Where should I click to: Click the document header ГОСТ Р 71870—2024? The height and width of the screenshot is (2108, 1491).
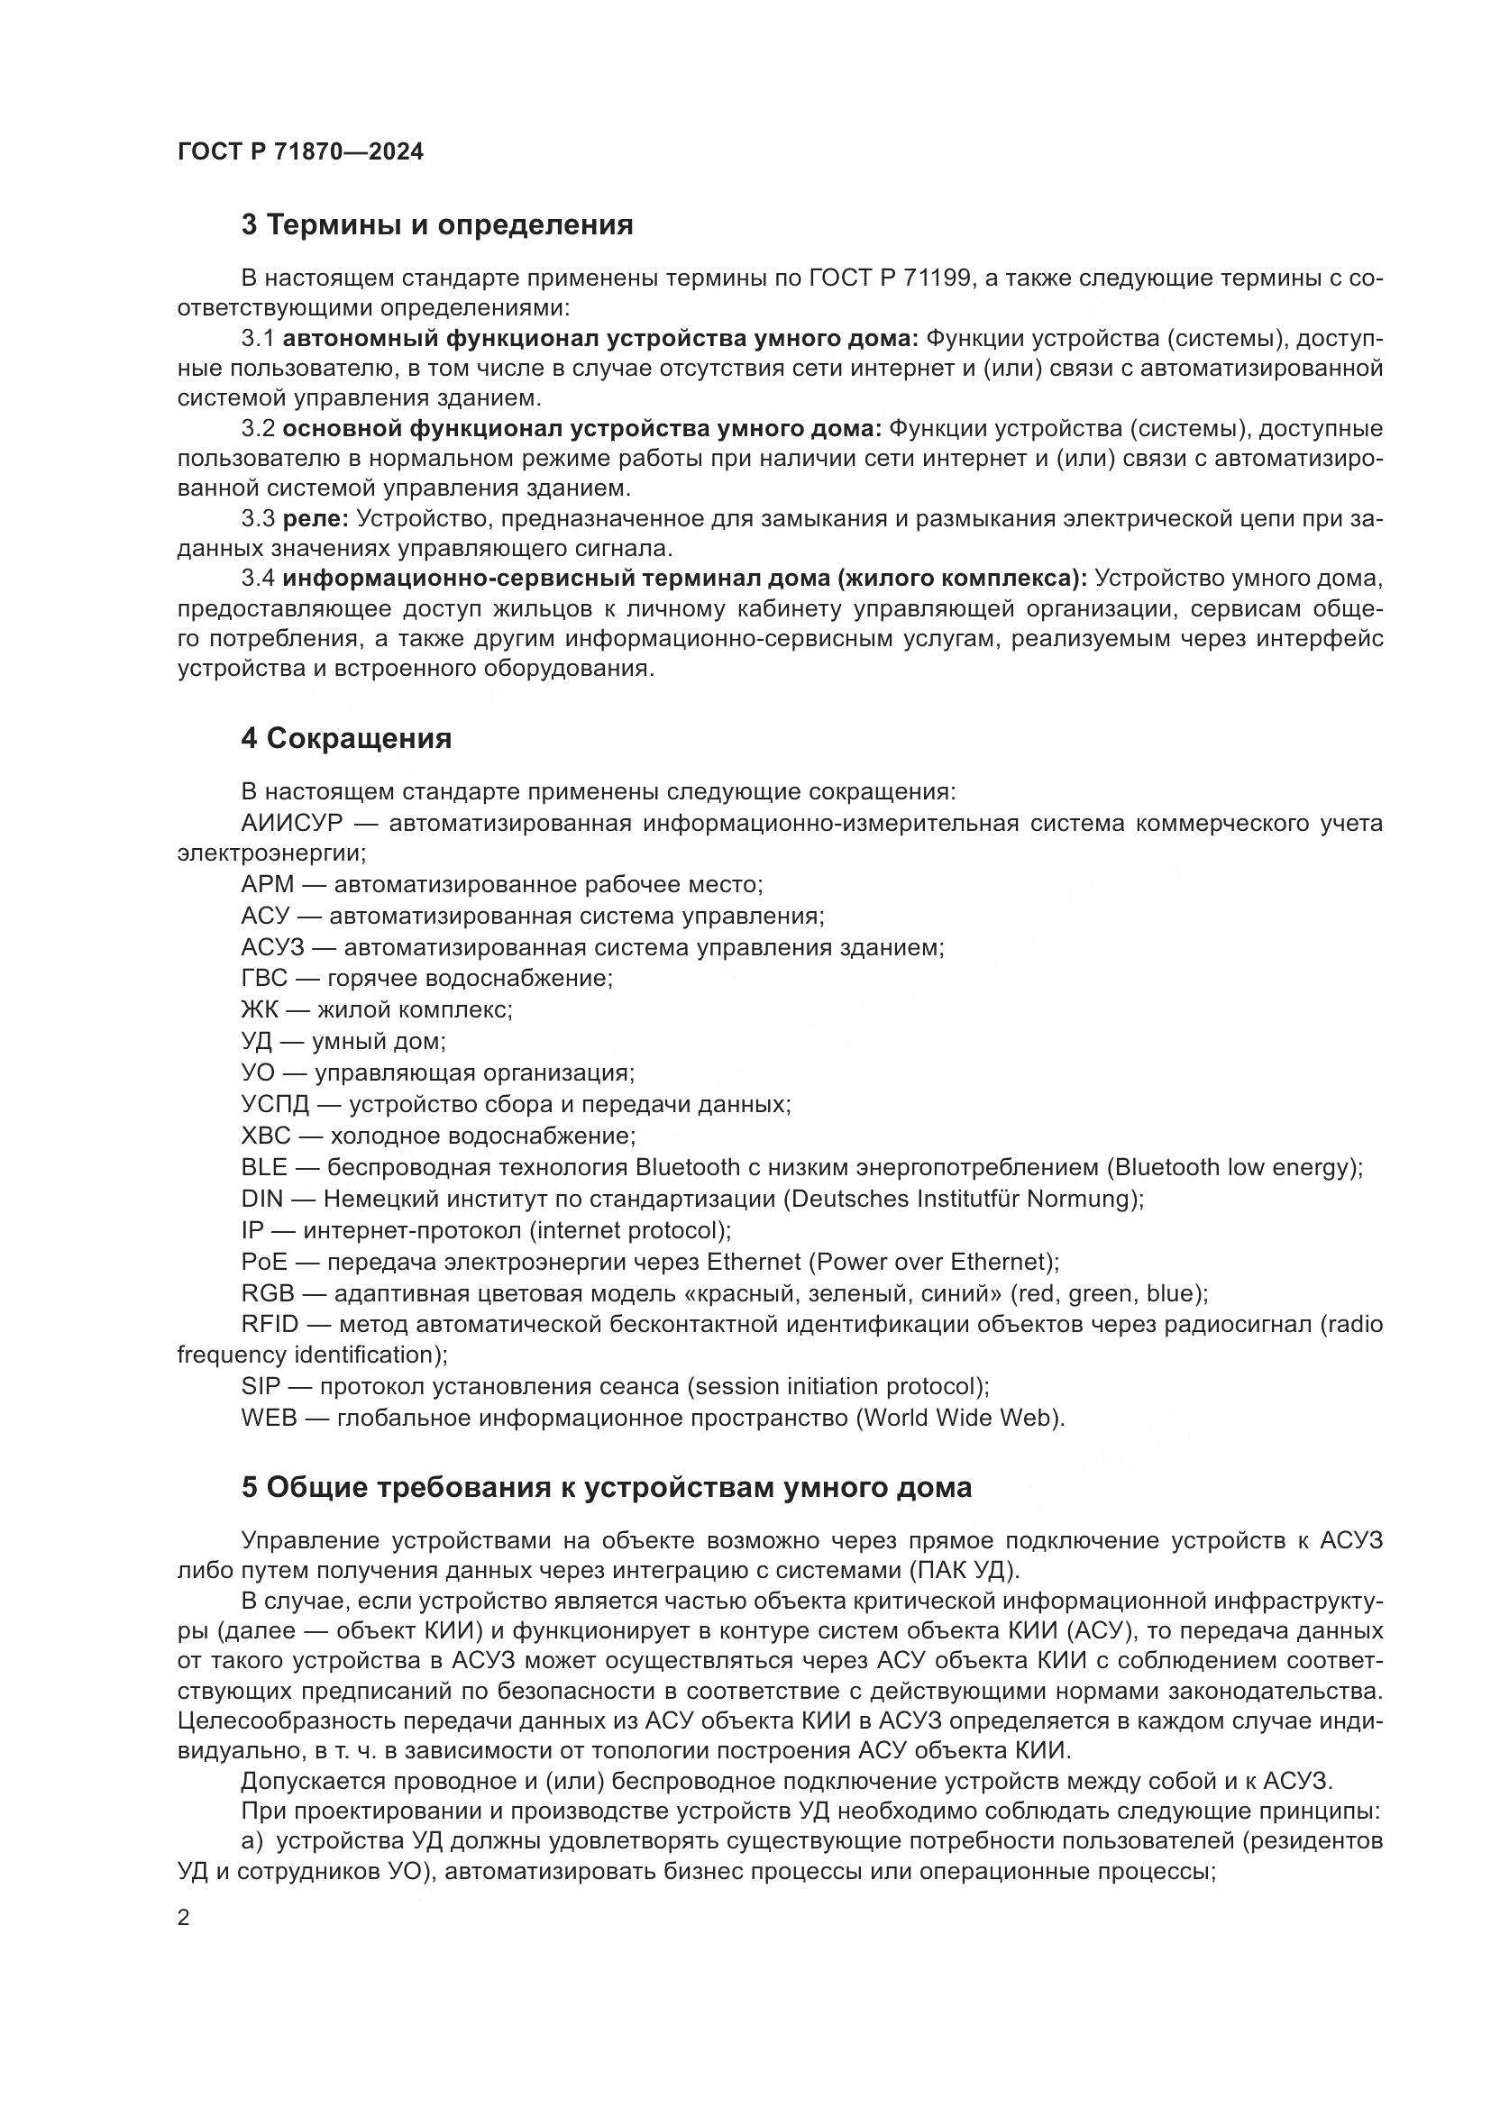tap(300, 151)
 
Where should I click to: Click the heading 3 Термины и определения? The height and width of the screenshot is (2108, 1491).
tap(437, 225)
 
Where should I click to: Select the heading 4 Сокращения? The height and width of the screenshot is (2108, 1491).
tap(346, 738)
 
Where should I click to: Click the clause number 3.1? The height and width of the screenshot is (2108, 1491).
tap(258, 339)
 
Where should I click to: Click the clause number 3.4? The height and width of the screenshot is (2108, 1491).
tap(258, 579)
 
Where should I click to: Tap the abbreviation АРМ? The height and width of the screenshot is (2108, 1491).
tap(267, 885)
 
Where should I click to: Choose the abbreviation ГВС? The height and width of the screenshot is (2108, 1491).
tap(264, 978)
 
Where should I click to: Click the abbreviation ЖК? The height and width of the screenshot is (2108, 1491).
tap(260, 1010)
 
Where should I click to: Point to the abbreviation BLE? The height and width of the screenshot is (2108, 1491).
tap(263, 1167)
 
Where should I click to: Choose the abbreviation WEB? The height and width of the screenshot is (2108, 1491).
tap(269, 1418)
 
